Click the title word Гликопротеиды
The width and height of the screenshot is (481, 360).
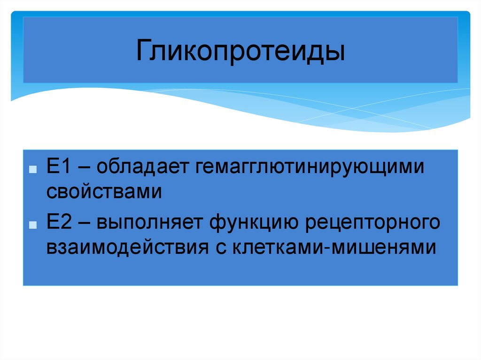click(240, 51)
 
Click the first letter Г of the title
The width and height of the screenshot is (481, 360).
click(143, 51)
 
